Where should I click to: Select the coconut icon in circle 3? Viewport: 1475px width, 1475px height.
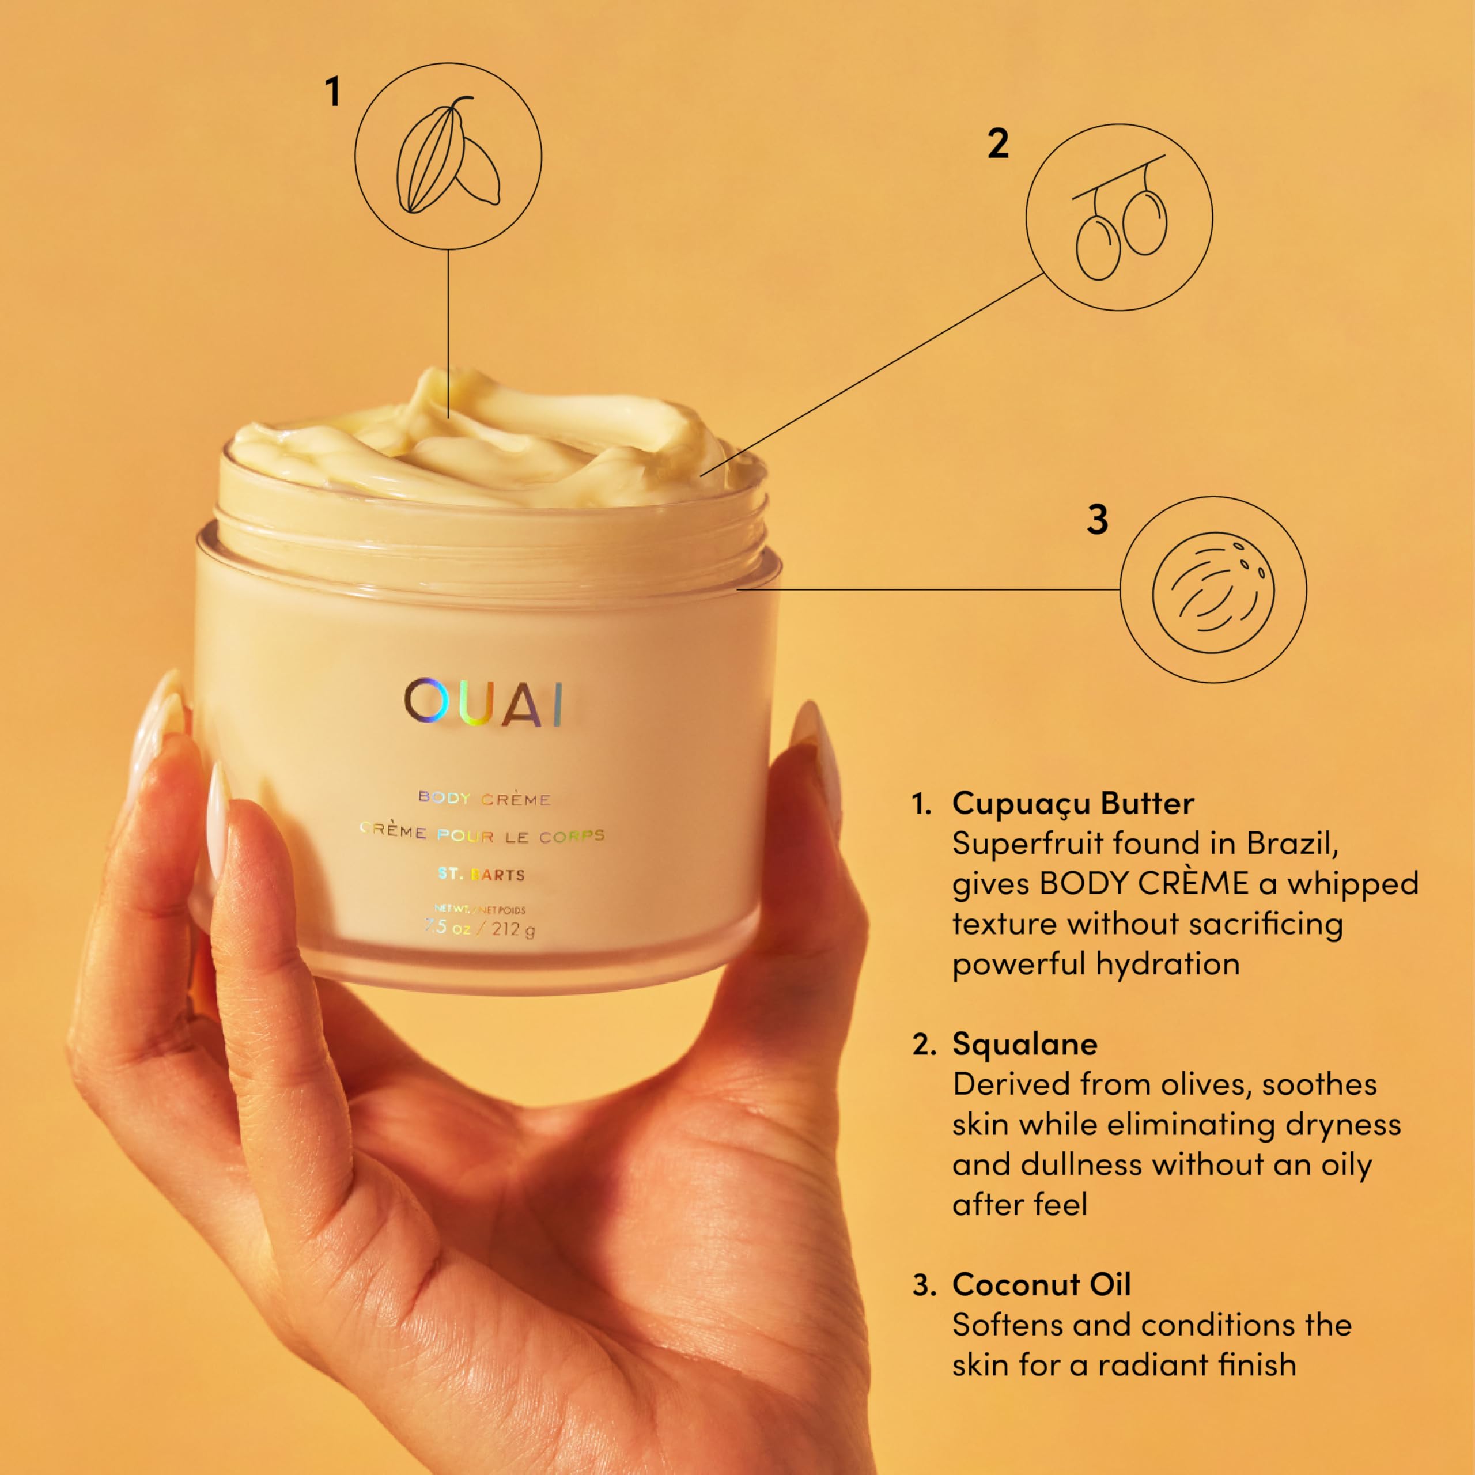[x=1213, y=589]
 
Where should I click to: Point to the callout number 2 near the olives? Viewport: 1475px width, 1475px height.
[x=998, y=143]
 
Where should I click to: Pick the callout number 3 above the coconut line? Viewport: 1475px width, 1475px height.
[x=1097, y=520]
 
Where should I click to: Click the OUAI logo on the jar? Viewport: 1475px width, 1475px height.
[x=484, y=702]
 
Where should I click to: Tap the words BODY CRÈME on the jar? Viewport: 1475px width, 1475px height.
[x=484, y=799]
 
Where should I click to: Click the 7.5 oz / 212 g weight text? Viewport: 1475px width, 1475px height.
[x=480, y=929]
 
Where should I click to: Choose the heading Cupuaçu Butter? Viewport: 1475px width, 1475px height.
[x=1073, y=803]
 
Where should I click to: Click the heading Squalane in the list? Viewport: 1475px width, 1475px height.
[x=1024, y=1043]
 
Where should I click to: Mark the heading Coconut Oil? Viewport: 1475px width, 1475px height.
[x=1041, y=1284]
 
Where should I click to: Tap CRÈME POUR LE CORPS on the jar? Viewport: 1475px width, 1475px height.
[x=482, y=834]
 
